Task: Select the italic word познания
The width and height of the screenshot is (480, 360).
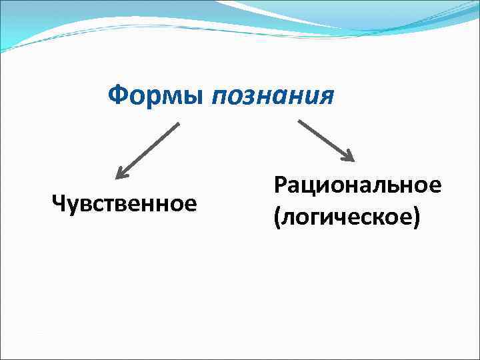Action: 272,97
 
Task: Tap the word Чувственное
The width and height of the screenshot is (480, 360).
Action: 125,202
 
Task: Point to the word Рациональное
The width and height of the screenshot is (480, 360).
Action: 357,185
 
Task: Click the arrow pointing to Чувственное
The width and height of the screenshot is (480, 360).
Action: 147,151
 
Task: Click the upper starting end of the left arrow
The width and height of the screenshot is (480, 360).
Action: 178,124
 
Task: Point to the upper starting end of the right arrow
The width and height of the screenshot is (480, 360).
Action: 299,121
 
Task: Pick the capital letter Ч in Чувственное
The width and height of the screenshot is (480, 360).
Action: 58,202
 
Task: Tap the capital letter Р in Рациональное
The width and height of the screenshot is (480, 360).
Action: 280,185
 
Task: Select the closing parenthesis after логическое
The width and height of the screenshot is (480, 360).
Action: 417,218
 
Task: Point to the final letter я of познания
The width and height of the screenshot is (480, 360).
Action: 325,98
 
